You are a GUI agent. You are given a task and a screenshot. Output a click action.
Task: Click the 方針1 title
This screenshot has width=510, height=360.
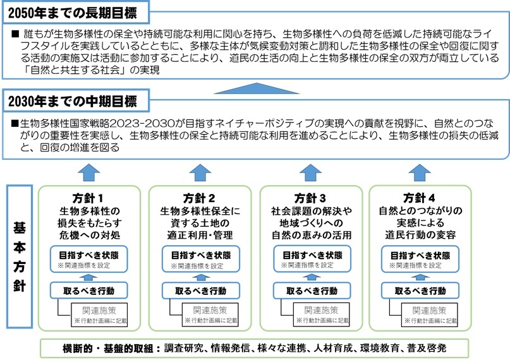(89, 197)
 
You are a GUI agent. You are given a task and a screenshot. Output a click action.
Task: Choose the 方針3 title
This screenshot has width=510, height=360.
(311, 197)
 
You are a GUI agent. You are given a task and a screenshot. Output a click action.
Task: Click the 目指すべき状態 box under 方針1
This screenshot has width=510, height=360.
(89, 259)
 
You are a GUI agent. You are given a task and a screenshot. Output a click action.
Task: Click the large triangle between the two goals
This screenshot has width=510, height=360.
(255, 88)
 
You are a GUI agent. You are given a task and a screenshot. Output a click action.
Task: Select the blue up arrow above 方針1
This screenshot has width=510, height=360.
(90, 171)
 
